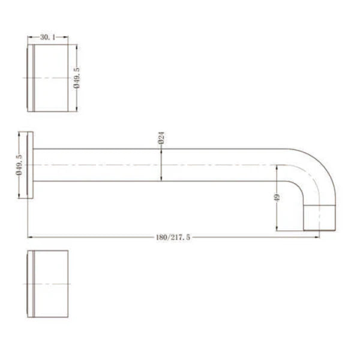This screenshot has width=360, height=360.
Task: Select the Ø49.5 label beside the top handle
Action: pyautogui.click(x=77, y=77)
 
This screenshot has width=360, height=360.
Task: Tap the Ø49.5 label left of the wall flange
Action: pyautogui.click(x=19, y=164)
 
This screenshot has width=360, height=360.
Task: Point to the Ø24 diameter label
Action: pyautogui.click(x=161, y=140)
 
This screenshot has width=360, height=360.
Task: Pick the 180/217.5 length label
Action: pyautogui.click(x=173, y=237)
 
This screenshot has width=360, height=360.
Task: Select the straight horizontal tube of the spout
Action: pyautogui.click(x=156, y=165)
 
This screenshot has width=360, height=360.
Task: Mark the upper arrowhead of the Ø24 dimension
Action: pyautogui.click(x=161, y=150)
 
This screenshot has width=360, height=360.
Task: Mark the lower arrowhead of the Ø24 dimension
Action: pyautogui.click(x=161, y=179)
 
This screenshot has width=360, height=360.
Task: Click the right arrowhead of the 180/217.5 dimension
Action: pyautogui.click(x=318, y=237)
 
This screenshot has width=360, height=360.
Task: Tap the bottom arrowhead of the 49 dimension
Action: pyautogui.click(x=277, y=229)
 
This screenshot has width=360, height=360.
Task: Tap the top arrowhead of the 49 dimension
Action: pyautogui.click(x=277, y=166)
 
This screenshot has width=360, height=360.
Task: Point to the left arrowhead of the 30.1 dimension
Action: pyautogui.click(x=29, y=37)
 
